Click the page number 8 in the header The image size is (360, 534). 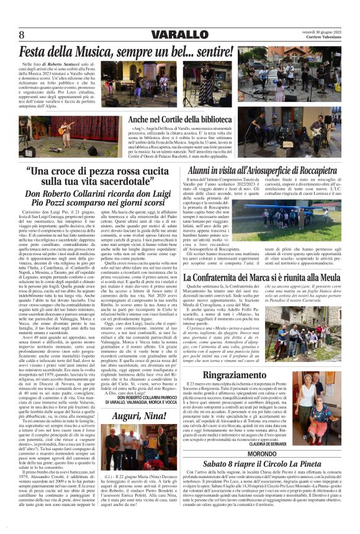coord(22,34)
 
